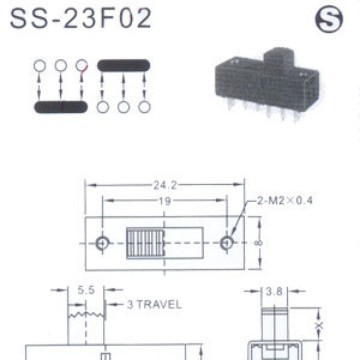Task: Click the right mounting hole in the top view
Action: (228, 243)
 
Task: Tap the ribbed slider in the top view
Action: (142, 243)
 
